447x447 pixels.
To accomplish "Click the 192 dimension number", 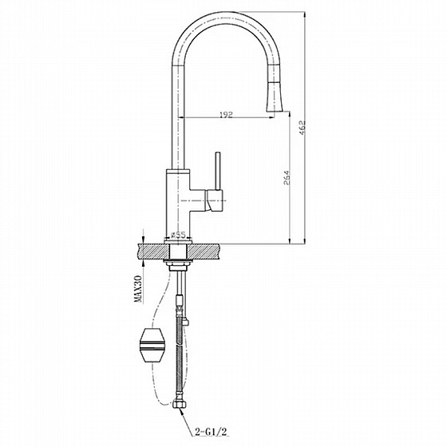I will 225,116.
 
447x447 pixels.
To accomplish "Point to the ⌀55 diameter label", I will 178,235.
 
